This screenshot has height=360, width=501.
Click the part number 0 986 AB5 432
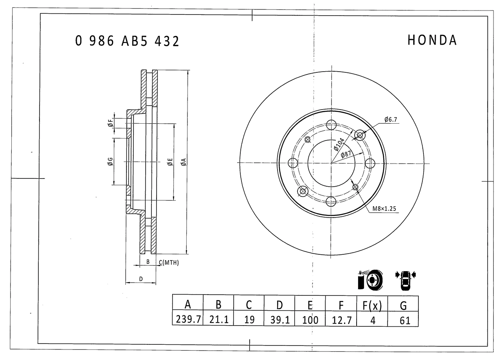point(127,41)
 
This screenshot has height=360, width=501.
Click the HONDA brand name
point(432,40)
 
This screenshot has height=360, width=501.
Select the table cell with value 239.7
point(187,320)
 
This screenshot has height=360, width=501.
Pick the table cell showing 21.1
point(218,320)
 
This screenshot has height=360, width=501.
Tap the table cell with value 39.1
point(279,320)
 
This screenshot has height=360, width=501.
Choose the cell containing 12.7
point(341,320)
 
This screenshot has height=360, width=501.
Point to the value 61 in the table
point(403,320)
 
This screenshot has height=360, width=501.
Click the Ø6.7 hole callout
point(391,120)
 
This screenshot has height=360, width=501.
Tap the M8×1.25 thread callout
point(384,209)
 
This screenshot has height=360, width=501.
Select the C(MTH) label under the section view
point(169,263)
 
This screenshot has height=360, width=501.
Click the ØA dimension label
point(183,162)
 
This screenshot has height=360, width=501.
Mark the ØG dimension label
point(110,161)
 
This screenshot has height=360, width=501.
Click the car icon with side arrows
point(405,279)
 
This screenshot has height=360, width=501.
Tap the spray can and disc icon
point(370,280)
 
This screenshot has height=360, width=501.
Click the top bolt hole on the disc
point(331,125)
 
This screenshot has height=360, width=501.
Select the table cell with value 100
point(310,320)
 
